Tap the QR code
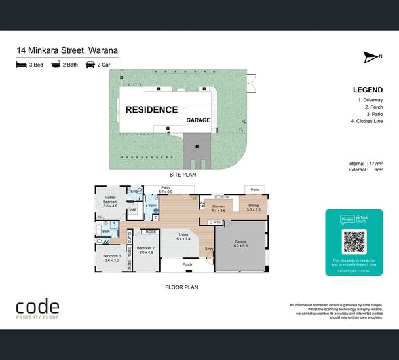[x=354, y=242]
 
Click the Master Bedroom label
[x=111, y=201]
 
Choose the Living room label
[x=183, y=236]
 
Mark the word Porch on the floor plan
[x=187, y=265]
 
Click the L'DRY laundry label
[x=151, y=206]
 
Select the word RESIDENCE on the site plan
[x=151, y=110]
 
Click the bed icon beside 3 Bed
[x=22, y=65]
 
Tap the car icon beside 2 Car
[x=90, y=65]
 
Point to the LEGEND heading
[x=367, y=90]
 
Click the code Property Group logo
[x=37, y=309]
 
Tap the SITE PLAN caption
[x=183, y=175]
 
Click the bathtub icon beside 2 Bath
[x=56, y=65]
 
